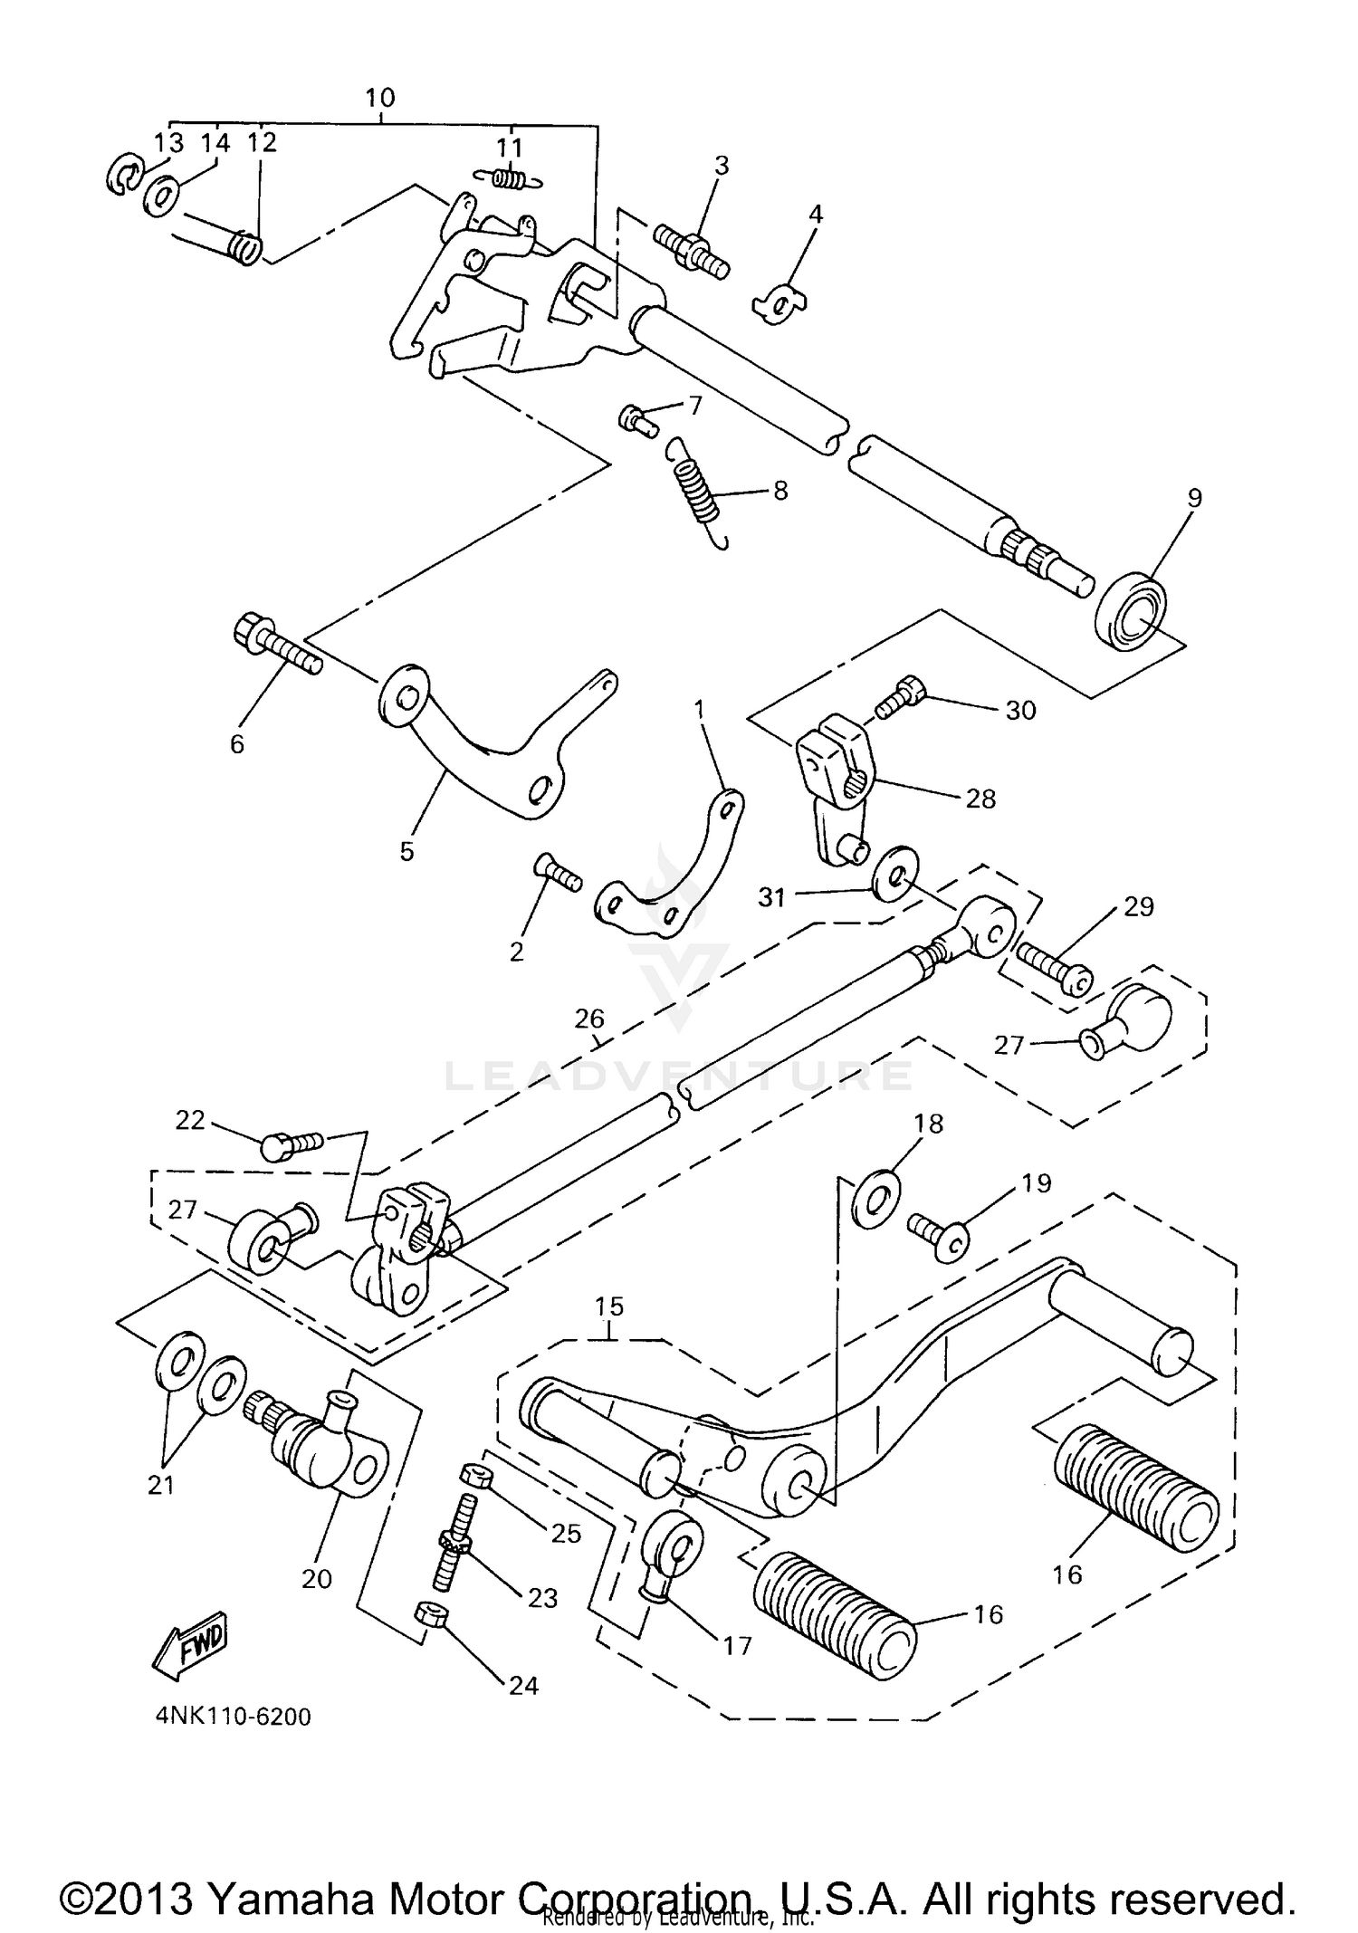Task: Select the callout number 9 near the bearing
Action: point(1194,497)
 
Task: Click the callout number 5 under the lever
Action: point(406,851)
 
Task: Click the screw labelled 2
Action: point(557,875)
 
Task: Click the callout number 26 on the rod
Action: point(589,1019)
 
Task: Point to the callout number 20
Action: point(317,1579)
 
